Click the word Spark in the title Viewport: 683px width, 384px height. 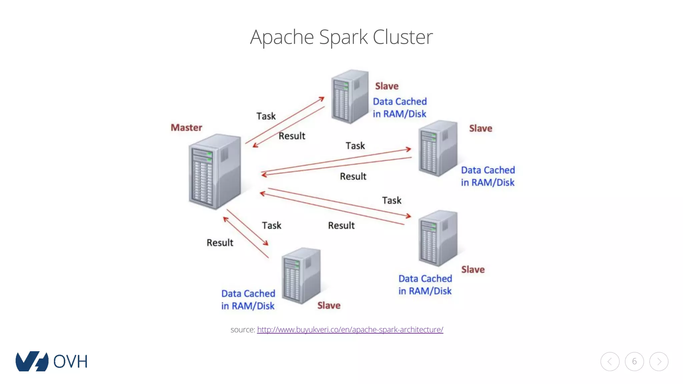(343, 37)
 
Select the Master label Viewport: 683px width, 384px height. (186, 128)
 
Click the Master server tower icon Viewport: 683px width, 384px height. (215, 171)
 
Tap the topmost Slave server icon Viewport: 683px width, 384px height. (350, 96)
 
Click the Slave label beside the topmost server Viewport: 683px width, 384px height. (387, 86)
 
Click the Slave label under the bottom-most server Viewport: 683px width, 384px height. (329, 305)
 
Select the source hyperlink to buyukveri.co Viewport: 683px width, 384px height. (350, 330)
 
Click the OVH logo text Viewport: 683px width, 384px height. (70, 362)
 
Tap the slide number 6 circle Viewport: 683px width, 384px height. (634, 361)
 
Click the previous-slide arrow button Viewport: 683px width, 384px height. (610, 361)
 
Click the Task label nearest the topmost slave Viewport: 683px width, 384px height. (266, 116)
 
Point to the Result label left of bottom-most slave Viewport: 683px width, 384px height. (220, 243)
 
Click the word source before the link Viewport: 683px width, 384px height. (242, 330)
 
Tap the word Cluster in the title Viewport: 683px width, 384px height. (403, 37)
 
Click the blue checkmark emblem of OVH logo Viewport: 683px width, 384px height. (32, 361)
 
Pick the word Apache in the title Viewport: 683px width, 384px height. (282, 37)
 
